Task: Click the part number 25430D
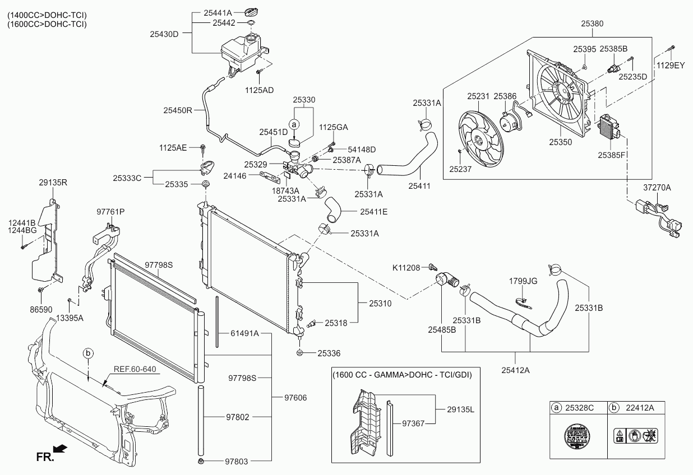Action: coord(164,34)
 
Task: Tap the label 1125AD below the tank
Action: coord(260,90)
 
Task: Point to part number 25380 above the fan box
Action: coord(592,24)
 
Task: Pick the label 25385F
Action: coord(612,155)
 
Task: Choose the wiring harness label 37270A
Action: coord(657,188)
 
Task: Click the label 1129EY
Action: coord(671,65)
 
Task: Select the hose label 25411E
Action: coord(373,212)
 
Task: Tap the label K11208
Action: coord(406,268)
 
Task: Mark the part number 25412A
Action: coord(516,370)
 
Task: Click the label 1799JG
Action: coord(523,280)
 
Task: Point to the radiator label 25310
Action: coord(380,303)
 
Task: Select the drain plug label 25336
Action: coord(329,353)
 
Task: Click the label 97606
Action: coord(295,397)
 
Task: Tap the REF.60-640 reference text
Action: coord(135,369)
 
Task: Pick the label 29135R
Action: coord(53,183)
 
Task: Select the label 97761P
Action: coord(110,212)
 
